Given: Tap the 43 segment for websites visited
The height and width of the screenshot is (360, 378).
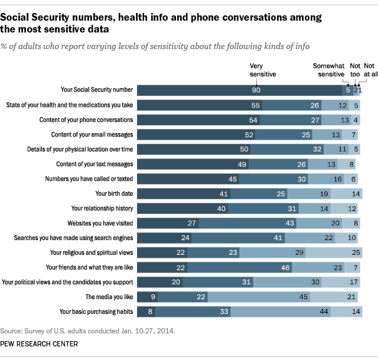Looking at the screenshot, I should (256, 223).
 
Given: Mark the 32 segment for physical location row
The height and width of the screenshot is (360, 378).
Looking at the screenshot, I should (285, 149).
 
